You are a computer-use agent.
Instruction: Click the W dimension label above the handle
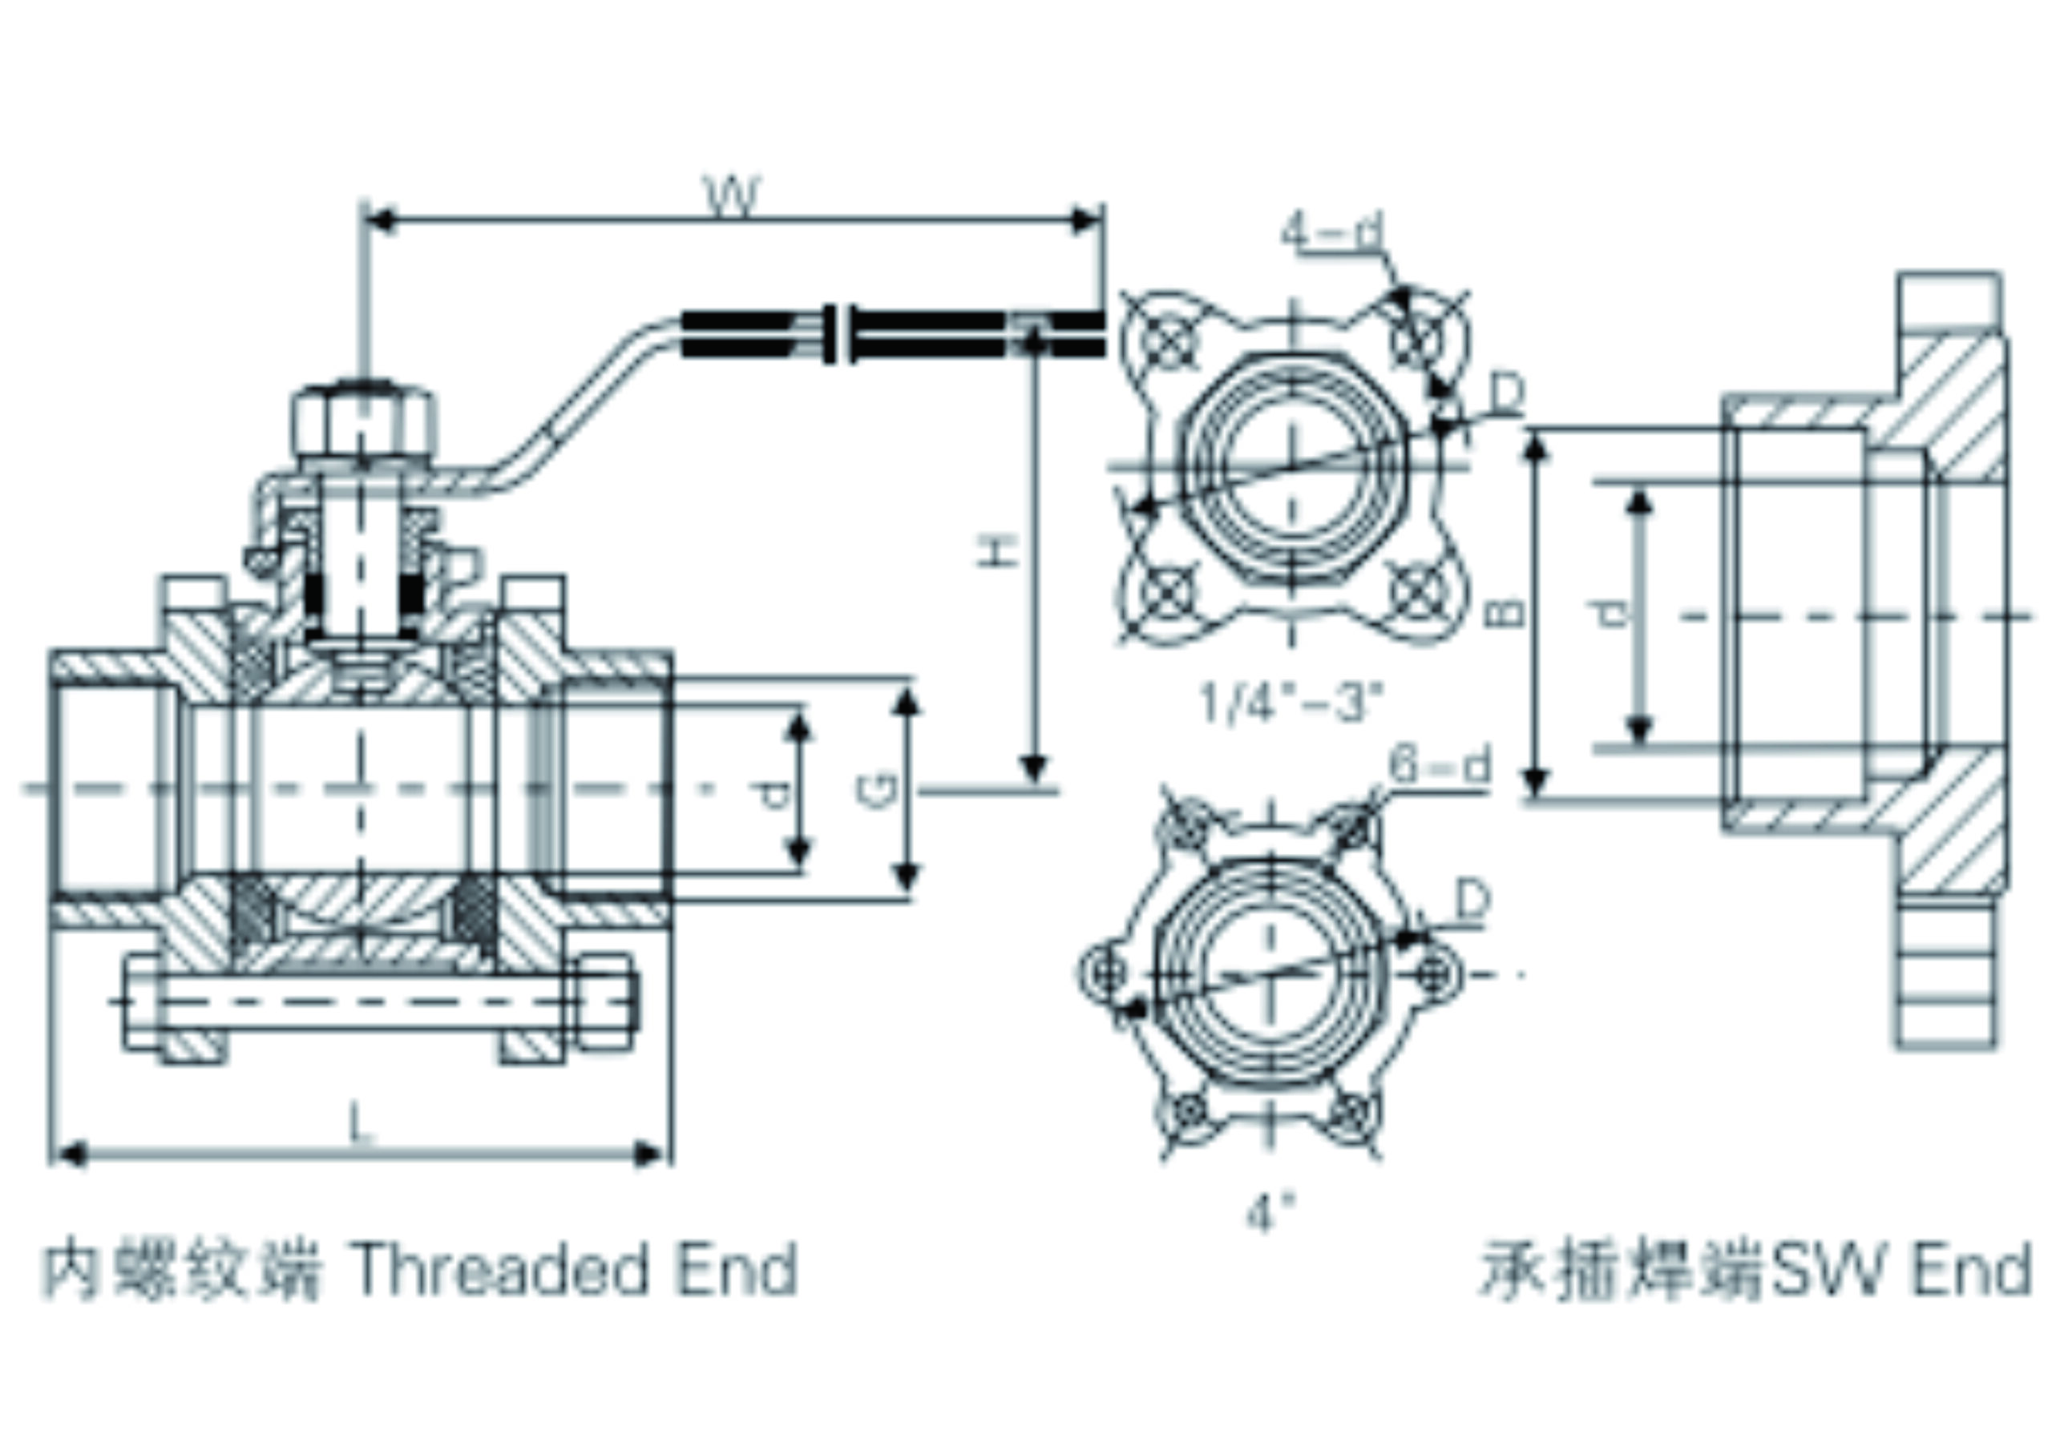(x=733, y=195)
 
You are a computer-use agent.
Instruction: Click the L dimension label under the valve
(x=359, y=1123)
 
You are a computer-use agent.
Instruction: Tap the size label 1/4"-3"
(x=1291, y=703)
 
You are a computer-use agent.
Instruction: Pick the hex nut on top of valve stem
(x=364, y=422)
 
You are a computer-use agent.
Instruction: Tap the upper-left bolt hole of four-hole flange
(x=1167, y=341)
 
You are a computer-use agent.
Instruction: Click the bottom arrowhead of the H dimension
(x=1034, y=768)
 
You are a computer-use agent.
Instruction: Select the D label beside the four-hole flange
(x=1508, y=393)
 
